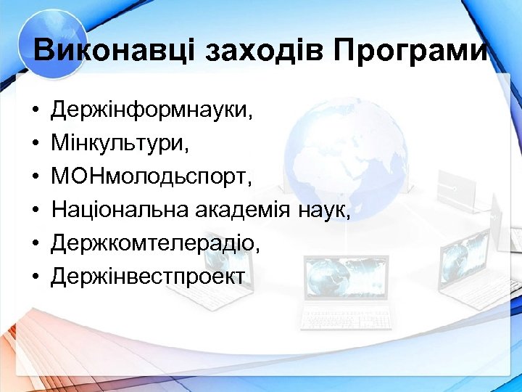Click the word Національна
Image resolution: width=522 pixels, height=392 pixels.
[x=120, y=211]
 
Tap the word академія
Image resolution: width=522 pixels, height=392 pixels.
[x=244, y=211]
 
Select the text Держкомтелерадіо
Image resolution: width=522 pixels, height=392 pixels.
[x=154, y=244]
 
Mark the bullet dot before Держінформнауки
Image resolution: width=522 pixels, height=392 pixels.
[x=35, y=112]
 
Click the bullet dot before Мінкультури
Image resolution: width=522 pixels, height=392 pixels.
[x=35, y=145]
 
